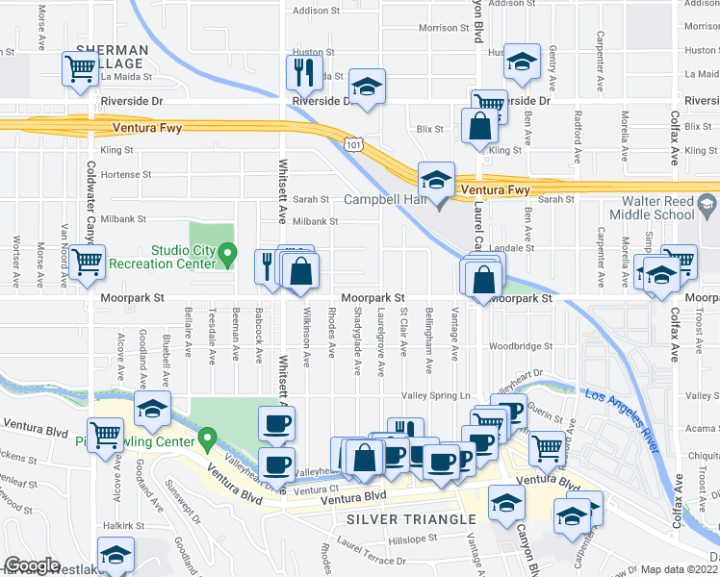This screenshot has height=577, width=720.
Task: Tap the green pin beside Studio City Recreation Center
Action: [228, 255]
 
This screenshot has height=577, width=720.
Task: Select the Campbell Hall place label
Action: [383, 200]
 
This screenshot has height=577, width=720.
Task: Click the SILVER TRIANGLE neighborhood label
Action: [393, 519]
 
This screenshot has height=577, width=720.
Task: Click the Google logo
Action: [32, 566]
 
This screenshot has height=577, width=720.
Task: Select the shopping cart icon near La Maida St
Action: [79, 68]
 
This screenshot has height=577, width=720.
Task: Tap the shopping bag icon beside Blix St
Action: [479, 126]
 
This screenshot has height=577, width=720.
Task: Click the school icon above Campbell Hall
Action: [436, 179]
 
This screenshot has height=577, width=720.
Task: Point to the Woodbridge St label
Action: [520, 346]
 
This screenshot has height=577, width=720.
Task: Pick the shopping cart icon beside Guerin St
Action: [547, 445]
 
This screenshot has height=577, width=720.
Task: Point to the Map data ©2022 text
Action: [680, 569]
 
